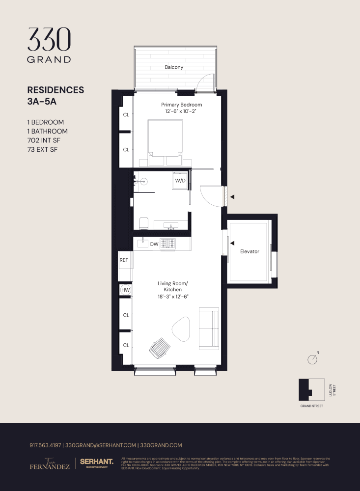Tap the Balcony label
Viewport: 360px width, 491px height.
[174, 67]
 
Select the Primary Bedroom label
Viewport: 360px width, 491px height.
[182, 105]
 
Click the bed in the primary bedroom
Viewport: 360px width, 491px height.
[166, 142]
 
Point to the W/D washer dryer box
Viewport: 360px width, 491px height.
[180, 180]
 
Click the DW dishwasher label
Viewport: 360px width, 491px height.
[154, 244]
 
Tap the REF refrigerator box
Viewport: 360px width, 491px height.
[124, 260]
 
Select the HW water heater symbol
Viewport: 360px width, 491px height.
[125, 290]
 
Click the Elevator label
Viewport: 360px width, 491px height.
[249, 251]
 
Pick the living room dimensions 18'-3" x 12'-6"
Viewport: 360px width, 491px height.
[173, 297]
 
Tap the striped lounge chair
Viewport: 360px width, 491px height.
[160, 349]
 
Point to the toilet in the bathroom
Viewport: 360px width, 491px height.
[144, 223]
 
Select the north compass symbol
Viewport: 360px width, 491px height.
[312, 359]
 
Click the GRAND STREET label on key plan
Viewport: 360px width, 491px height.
[311, 406]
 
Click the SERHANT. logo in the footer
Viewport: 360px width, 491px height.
[97, 463]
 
